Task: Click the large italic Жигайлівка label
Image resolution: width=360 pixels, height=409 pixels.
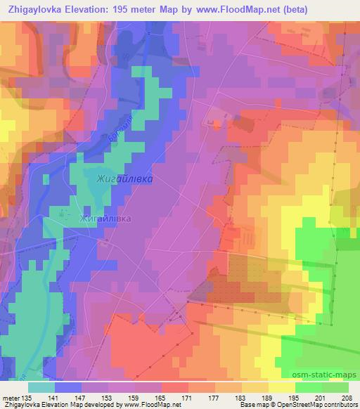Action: [x=124, y=178]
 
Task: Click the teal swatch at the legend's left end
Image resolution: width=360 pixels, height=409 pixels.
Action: [x=41, y=387]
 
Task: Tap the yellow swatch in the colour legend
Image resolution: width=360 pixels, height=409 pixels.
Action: [x=281, y=387]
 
